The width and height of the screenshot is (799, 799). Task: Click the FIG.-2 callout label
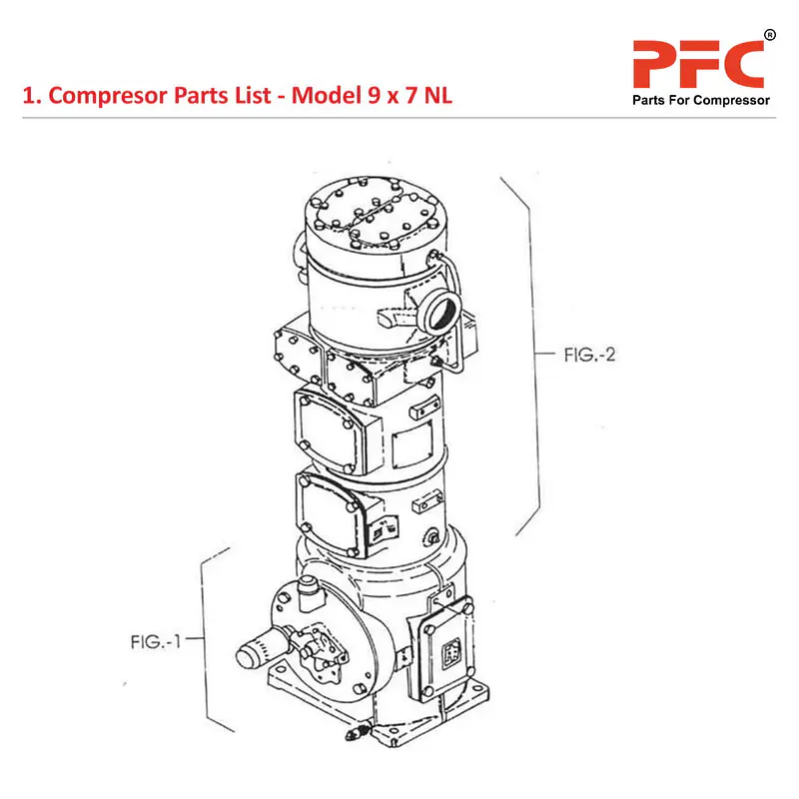[x=589, y=355]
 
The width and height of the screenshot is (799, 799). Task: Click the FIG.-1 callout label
[x=156, y=641]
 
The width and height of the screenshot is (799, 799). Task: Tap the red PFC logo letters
[x=698, y=64]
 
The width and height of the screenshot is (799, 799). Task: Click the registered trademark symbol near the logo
[x=770, y=35]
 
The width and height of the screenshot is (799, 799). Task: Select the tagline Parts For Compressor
[x=701, y=100]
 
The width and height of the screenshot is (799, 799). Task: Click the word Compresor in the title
[x=108, y=96]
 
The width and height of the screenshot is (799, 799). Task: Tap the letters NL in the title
[x=438, y=95]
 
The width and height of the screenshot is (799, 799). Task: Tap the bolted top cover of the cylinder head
[x=377, y=213]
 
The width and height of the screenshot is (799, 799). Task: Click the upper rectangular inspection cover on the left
[x=331, y=430]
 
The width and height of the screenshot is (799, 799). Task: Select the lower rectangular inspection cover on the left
[x=332, y=514]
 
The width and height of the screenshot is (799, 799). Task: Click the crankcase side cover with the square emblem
[x=446, y=649]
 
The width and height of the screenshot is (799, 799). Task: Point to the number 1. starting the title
[x=32, y=96]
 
